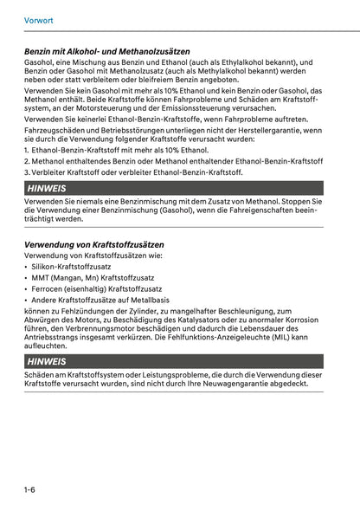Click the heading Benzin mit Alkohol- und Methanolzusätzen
click(x=107, y=52)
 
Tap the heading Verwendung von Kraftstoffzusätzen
click(x=94, y=244)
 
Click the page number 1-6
click(x=29, y=490)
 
